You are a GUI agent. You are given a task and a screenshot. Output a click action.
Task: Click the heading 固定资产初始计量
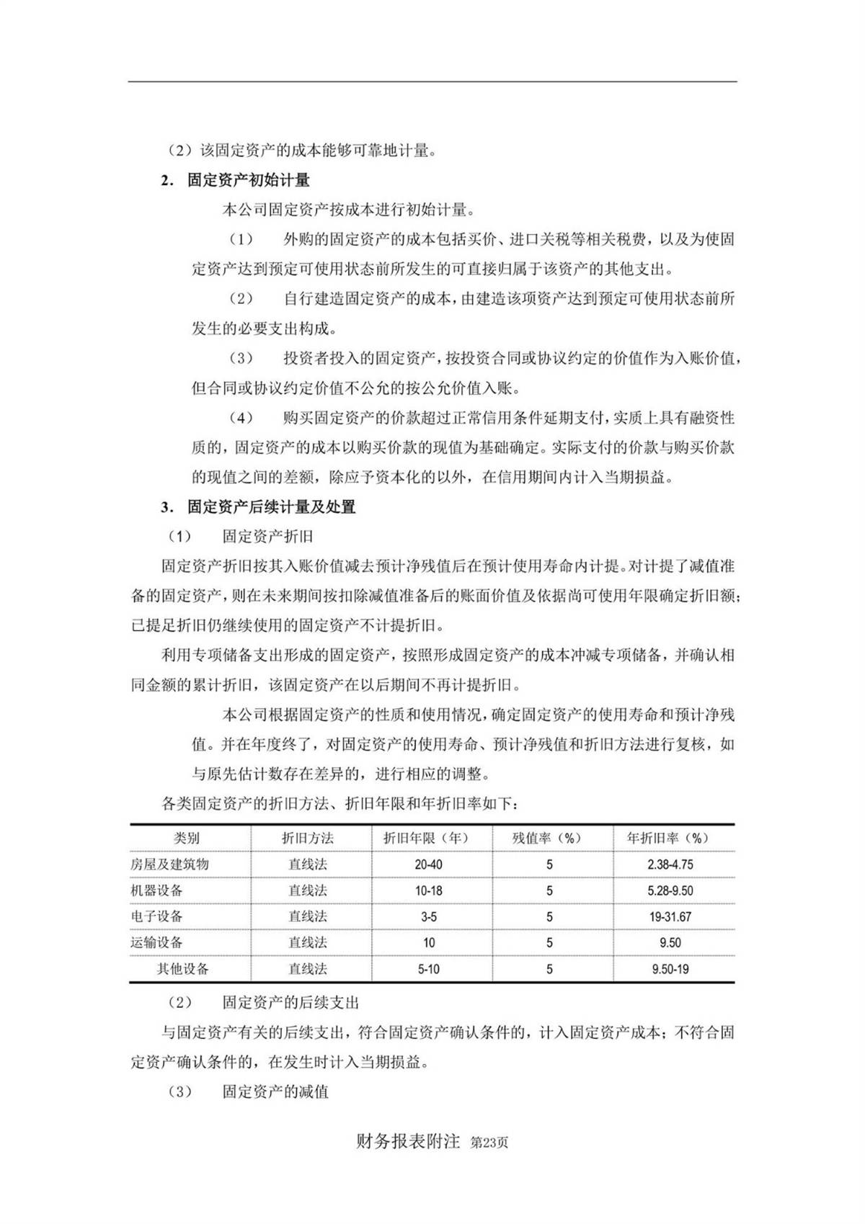[249, 180]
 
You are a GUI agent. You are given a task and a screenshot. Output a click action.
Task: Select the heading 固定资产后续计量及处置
[272, 506]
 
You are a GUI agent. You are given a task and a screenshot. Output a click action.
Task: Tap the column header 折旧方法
[308, 838]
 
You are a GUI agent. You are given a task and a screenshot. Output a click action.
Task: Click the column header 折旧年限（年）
[428, 838]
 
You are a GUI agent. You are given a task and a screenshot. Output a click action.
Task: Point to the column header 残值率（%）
[549, 838]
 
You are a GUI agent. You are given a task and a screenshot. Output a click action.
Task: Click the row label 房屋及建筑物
[170, 864]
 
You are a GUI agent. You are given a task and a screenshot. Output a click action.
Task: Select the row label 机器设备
[157, 890]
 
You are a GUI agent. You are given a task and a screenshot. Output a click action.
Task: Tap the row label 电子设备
[157, 916]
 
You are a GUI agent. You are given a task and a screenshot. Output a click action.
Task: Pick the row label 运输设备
[157, 942]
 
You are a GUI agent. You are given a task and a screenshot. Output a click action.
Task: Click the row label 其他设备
[183, 969]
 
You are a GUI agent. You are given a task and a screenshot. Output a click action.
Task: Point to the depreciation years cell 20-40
[428, 865]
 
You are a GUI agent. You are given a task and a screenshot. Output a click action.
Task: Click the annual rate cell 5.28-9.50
[670, 891]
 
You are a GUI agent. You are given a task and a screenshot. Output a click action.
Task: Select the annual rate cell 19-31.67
[670, 917]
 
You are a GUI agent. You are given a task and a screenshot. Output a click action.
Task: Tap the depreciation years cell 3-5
[428, 917]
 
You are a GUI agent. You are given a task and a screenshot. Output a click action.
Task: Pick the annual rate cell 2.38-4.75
[670, 865]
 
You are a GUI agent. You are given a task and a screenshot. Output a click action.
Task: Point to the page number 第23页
[489, 1143]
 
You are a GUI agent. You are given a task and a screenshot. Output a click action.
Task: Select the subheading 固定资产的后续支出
[291, 1002]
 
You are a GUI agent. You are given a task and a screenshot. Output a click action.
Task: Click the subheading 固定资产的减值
[276, 1091]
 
